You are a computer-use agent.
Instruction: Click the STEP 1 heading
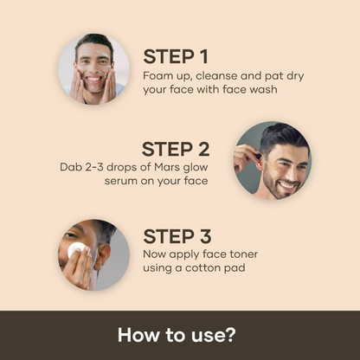[x=175, y=57]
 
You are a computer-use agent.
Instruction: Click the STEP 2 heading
[x=177, y=148]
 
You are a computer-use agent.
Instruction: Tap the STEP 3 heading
[x=177, y=236]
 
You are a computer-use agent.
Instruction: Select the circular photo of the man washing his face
[x=93, y=68]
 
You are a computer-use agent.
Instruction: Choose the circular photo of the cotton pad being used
[x=93, y=254]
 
